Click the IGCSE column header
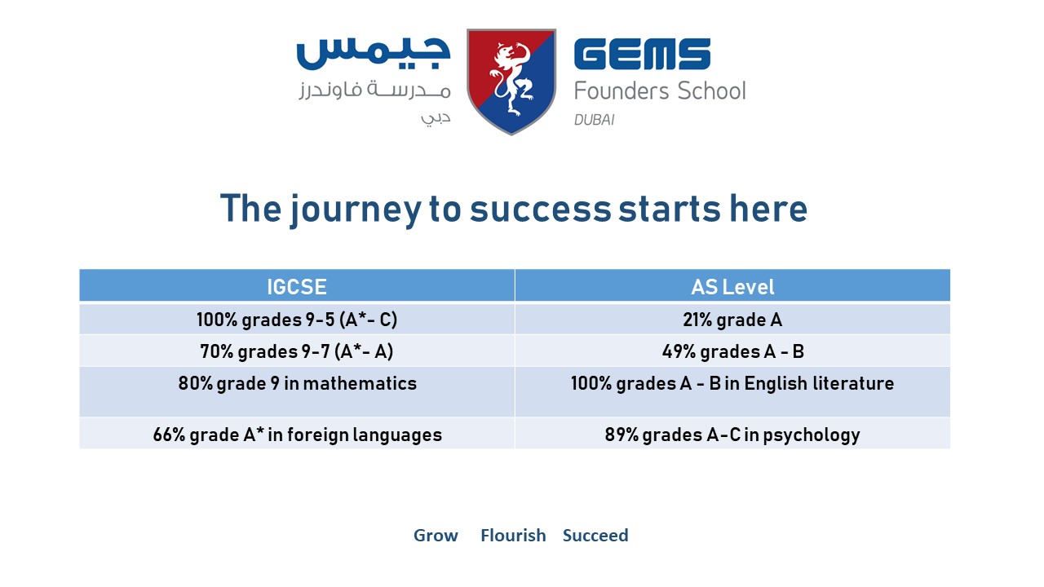(297, 286)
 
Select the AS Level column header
(732, 286)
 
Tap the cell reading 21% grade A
(732, 320)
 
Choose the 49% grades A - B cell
(732, 351)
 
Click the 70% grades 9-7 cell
(297, 351)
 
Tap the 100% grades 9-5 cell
(297, 320)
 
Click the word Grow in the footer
(436, 536)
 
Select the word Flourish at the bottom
(513, 536)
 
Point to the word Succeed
(595, 536)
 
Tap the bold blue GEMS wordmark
(642, 54)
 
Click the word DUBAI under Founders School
(595, 120)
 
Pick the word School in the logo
(711, 90)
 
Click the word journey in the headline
(355, 210)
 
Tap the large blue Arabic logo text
(374, 54)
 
